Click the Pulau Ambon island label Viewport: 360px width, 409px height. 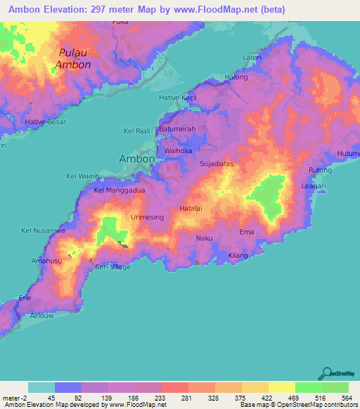tap(74, 59)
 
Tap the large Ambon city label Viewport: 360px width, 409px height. tap(136, 159)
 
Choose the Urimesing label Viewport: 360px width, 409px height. tap(147, 218)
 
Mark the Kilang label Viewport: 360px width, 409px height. tap(238, 255)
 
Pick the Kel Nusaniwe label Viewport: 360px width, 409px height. tap(44, 230)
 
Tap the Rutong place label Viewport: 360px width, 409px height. tap(319, 171)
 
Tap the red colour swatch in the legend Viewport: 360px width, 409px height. tap(174, 387)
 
